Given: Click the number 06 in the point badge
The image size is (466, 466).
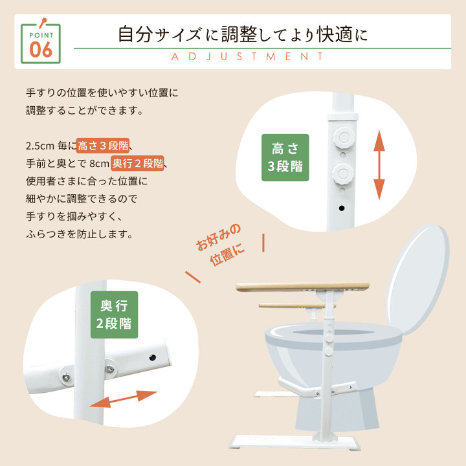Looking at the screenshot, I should point(41,49).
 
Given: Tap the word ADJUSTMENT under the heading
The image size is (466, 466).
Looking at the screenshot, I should point(248,57).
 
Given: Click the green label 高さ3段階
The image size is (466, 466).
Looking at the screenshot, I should point(285,157).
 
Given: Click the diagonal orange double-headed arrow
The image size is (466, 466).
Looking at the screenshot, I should point(124,399).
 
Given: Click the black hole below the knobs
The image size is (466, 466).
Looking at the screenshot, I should point(341,208).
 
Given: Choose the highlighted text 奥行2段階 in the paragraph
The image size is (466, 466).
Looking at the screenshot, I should point(137,162).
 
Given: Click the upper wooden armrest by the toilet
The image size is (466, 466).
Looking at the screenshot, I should point(302,286).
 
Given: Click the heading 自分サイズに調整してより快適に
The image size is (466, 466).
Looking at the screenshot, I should point(243,34).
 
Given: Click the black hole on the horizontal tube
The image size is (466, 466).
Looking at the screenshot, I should point(154,357).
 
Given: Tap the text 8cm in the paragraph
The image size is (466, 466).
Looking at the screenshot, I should point(99,163).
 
